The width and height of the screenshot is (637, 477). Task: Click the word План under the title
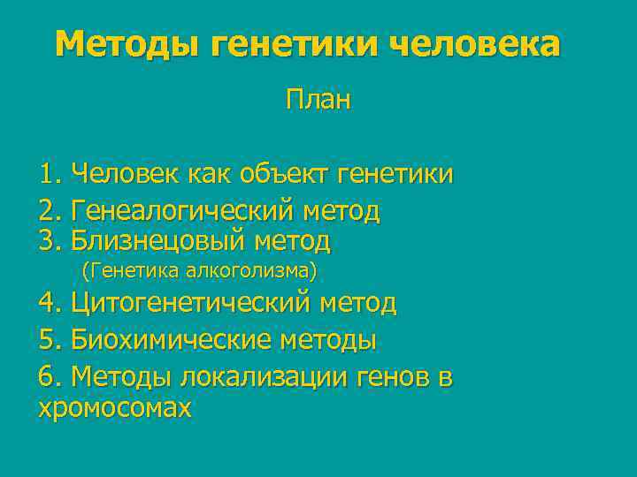pos(318,100)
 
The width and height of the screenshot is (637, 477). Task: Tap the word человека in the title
pos(474,43)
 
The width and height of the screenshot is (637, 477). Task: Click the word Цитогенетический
pos(191,304)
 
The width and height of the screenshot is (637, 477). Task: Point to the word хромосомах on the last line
pos(115,408)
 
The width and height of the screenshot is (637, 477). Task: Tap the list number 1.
pos(50,174)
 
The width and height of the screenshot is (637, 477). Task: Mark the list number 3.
pos(50,240)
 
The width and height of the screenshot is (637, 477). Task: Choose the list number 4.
pos(50,304)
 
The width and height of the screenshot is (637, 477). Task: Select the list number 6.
pos(50,377)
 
